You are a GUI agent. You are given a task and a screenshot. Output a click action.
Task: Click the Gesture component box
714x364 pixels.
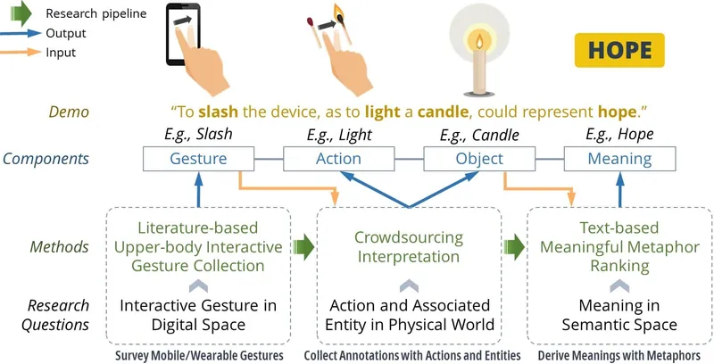tap(198, 159)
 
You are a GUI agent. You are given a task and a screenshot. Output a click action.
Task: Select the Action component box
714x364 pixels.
tap(339, 159)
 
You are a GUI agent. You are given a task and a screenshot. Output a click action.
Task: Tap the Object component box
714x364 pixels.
tap(479, 159)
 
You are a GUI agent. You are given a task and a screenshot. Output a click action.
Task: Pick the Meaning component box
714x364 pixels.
tap(619, 159)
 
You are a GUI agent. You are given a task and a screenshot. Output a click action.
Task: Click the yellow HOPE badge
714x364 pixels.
tap(619, 50)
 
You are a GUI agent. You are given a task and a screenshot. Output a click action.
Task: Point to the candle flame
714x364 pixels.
tap(479, 42)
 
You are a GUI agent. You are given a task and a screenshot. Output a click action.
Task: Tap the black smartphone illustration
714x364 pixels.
tap(183, 34)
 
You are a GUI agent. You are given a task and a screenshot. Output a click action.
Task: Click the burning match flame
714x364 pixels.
tap(339, 12)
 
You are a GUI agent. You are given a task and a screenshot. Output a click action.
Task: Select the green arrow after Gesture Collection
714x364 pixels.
tap(303, 247)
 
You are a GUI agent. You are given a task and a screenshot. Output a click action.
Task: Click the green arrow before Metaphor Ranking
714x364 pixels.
tap(515, 247)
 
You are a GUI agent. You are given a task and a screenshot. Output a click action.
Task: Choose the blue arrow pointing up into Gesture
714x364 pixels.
tap(198, 189)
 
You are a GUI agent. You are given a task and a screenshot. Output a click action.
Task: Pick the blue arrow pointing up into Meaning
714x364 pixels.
tap(619, 189)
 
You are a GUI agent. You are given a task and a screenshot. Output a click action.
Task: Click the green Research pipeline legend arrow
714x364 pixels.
tap(21, 13)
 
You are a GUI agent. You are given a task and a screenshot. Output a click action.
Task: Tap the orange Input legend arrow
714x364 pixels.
tap(21, 53)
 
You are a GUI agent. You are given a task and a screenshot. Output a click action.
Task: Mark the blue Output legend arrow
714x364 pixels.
tap(21, 33)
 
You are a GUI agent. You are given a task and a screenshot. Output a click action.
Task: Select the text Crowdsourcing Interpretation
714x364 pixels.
tap(409, 247)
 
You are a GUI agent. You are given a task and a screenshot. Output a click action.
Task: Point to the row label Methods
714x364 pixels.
tap(59, 247)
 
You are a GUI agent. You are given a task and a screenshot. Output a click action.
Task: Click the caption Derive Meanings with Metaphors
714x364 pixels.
tap(619, 355)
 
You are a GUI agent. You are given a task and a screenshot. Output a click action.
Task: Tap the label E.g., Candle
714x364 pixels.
tap(479, 135)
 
